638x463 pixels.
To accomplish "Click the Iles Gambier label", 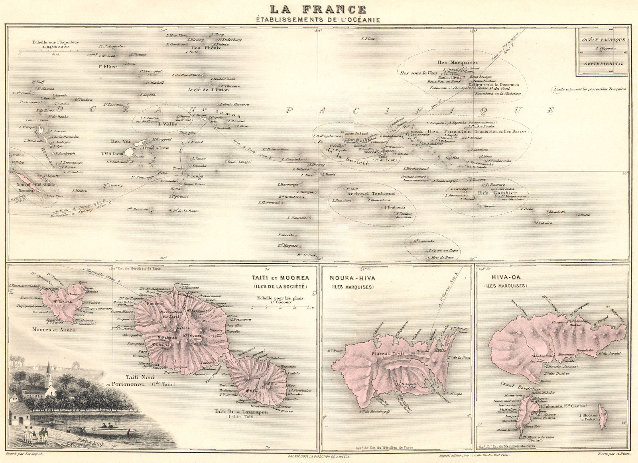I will coord(494,193).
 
